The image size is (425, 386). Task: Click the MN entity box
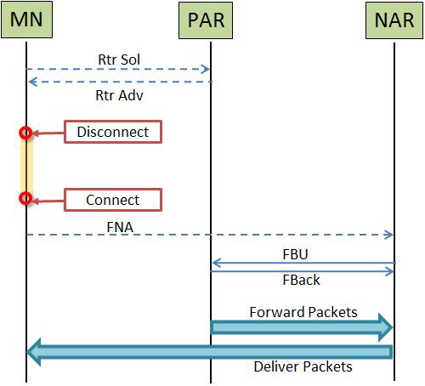click(x=26, y=20)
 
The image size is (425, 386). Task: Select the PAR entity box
click(x=206, y=20)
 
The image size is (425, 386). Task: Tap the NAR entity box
click(x=394, y=20)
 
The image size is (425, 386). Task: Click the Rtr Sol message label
click(x=119, y=60)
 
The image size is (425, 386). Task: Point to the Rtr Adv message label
click(x=119, y=95)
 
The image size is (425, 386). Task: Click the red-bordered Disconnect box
click(x=113, y=132)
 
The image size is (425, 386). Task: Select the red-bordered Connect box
click(x=113, y=200)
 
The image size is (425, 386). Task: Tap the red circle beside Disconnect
click(x=25, y=133)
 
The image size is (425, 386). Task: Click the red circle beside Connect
click(x=25, y=198)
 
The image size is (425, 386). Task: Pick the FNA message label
click(x=120, y=227)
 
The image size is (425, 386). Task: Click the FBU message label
click(x=295, y=254)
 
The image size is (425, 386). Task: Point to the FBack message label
click(x=301, y=280)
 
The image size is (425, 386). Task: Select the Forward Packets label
click(x=303, y=312)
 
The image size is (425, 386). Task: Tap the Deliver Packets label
click(x=303, y=366)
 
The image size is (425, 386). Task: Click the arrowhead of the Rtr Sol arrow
click(x=206, y=69)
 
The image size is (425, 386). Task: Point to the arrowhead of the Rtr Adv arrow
click(x=32, y=82)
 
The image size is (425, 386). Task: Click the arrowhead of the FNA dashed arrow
click(x=388, y=235)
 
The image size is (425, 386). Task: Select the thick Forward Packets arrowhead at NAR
click(x=386, y=327)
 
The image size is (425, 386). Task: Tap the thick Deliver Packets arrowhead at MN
click(x=34, y=352)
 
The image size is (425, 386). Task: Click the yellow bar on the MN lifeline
click(x=26, y=165)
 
